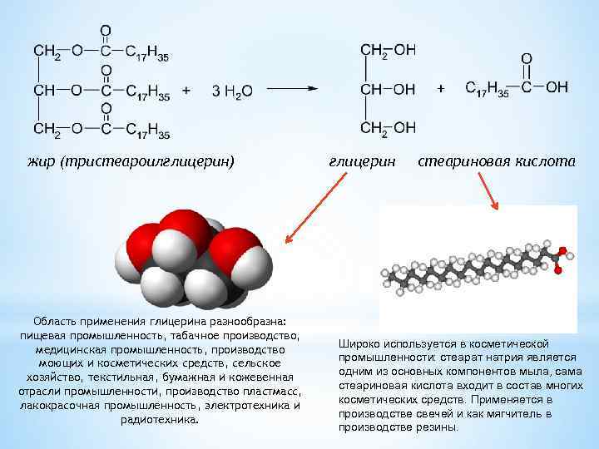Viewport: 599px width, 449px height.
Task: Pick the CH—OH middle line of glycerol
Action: [x=388, y=89]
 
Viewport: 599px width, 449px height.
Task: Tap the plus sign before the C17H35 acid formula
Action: [x=441, y=87]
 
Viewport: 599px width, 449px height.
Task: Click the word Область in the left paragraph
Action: [x=57, y=321]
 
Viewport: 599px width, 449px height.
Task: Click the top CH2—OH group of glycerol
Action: [x=388, y=51]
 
